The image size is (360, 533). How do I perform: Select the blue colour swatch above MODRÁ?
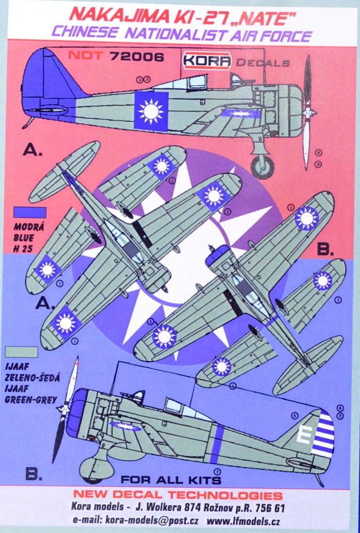(31, 212)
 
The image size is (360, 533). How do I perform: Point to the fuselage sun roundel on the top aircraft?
(151, 110)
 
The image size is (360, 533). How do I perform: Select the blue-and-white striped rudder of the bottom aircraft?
(324, 435)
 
